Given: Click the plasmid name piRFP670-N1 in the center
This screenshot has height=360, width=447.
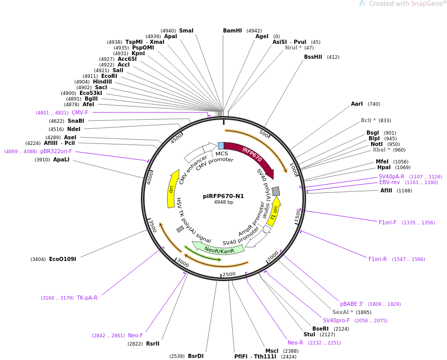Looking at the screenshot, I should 223,196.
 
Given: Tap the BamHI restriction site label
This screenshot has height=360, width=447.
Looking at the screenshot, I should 232,30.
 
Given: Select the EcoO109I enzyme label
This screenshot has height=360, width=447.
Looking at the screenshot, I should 62,259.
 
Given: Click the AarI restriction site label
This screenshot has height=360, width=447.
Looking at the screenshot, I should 357,104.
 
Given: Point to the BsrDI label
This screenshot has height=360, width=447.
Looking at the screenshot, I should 196,356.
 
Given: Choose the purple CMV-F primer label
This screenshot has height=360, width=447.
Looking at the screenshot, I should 79,112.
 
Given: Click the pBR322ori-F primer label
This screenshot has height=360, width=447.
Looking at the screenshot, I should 56,152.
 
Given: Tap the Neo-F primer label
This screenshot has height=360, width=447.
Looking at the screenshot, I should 135,335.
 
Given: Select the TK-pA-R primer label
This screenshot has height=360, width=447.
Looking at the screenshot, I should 87,298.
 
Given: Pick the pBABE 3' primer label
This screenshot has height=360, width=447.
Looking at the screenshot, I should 352,304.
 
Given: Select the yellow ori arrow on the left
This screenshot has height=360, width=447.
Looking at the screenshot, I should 172,189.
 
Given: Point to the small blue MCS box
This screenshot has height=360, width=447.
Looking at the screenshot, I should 221,146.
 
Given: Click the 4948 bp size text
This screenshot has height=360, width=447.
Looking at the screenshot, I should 223,202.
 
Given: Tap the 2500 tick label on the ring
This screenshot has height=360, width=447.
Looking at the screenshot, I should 229,274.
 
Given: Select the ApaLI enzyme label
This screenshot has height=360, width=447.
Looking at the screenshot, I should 61,160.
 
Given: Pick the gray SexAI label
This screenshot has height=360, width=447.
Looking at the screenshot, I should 343,312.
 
